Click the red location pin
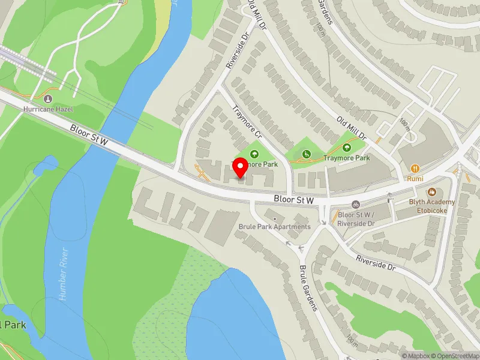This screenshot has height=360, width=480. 240,169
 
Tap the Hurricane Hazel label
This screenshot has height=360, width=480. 47,109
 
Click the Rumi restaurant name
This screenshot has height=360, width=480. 415,179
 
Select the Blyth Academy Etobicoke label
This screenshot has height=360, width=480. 433,206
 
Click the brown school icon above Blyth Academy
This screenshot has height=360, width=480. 431,192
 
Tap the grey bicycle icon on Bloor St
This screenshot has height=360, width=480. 356,205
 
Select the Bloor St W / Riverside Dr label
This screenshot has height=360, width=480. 356,218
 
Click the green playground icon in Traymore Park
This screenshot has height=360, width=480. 307,154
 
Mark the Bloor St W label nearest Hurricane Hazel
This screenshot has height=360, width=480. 88,133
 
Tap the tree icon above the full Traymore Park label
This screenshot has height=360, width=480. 347,148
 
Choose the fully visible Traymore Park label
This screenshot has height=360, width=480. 347,158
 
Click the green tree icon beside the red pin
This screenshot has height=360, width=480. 253,154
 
